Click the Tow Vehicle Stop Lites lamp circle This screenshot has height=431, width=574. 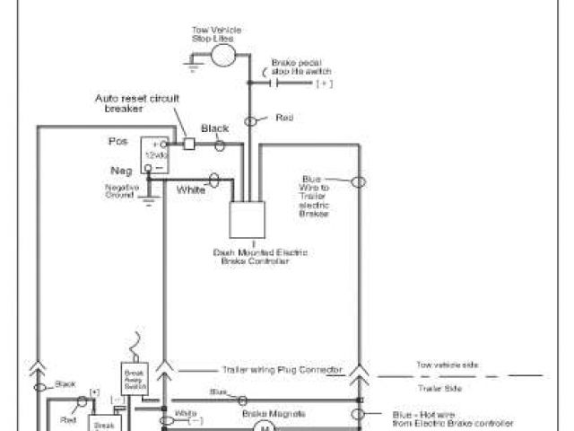click(x=223, y=56)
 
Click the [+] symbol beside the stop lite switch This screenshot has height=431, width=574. click(x=324, y=83)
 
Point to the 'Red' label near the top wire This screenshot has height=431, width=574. click(x=284, y=118)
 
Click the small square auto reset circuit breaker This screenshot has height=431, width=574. click(x=189, y=143)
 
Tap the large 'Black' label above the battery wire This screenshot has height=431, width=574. click(x=215, y=128)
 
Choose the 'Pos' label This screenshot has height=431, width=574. click(x=117, y=142)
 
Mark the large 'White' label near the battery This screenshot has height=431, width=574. click(x=190, y=189)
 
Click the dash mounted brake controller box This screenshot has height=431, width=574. click(x=247, y=218)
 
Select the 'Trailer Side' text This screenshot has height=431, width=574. click(x=438, y=388)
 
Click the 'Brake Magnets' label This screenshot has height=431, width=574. click(x=262, y=413)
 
